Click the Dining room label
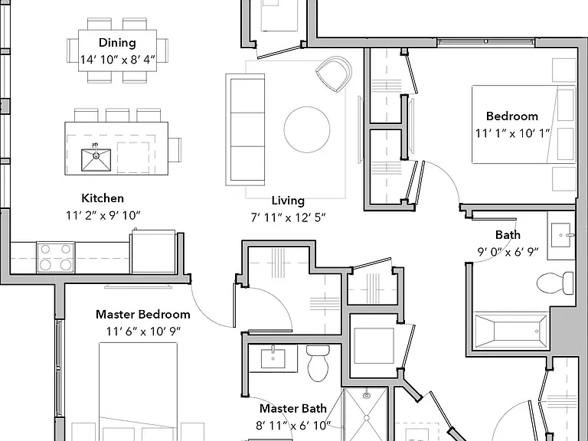(117, 43)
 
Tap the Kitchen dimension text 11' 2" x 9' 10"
(103, 216)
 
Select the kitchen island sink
(96, 160)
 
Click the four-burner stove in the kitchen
(55, 257)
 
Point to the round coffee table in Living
(307, 129)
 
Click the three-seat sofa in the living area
(245, 129)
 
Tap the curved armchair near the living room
(334, 73)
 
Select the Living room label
(288, 201)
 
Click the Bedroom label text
(512, 116)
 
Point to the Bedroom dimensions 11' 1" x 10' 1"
(513, 133)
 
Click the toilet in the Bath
(555, 283)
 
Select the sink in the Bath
(561, 235)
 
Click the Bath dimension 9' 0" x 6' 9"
(508, 252)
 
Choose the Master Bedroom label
(143, 314)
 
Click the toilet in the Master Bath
(318, 363)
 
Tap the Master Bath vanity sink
(273, 359)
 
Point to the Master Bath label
(293, 408)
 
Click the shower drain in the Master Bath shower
(367, 395)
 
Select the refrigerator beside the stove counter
(153, 252)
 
